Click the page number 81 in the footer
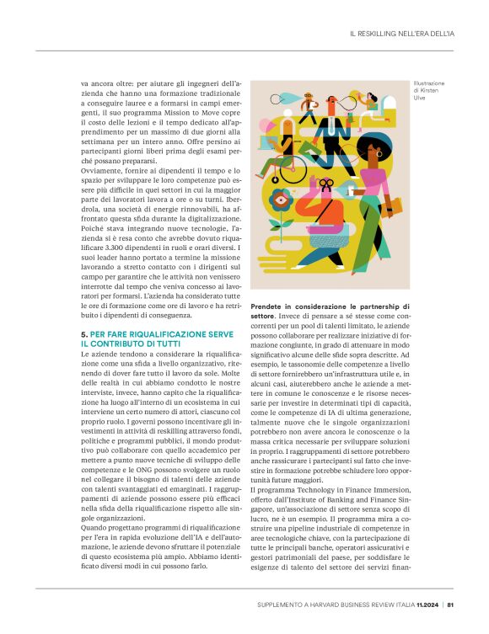tap(451, 604)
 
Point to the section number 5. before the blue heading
tap(83, 334)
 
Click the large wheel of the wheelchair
tap(293, 173)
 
